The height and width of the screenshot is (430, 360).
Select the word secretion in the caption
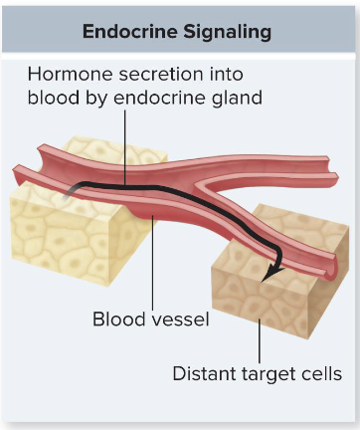(x=162, y=76)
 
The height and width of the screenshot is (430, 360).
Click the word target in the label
(x=268, y=374)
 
